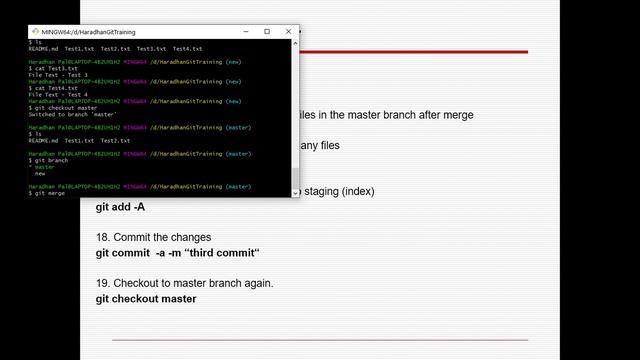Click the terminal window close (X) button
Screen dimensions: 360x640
pyautogui.click(x=288, y=32)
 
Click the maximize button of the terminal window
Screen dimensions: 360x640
pyautogui.click(x=267, y=32)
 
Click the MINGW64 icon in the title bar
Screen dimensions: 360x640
pyautogui.click(x=35, y=32)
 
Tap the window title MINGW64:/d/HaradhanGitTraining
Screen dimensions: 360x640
pyautogui.click(x=89, y=32)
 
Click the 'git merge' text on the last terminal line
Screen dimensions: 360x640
pyautogui.click(x=49, y=193)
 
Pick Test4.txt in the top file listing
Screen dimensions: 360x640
pyautogui.click(x=187, y=48)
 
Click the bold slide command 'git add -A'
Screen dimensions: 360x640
pyautogui.click(x=120, y=208)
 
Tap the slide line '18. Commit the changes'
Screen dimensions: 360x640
pyautogui.click(x=153, y=237)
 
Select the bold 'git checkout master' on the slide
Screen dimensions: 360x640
pyautogui.click(x=146, y=299)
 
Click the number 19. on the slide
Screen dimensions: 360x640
pyautogui.click(x=104, y=283)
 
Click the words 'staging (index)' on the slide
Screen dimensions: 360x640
pyautogui.click(x=339, y=191)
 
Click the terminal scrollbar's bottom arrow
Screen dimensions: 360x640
pyautogui.click(x=295, y=192)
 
